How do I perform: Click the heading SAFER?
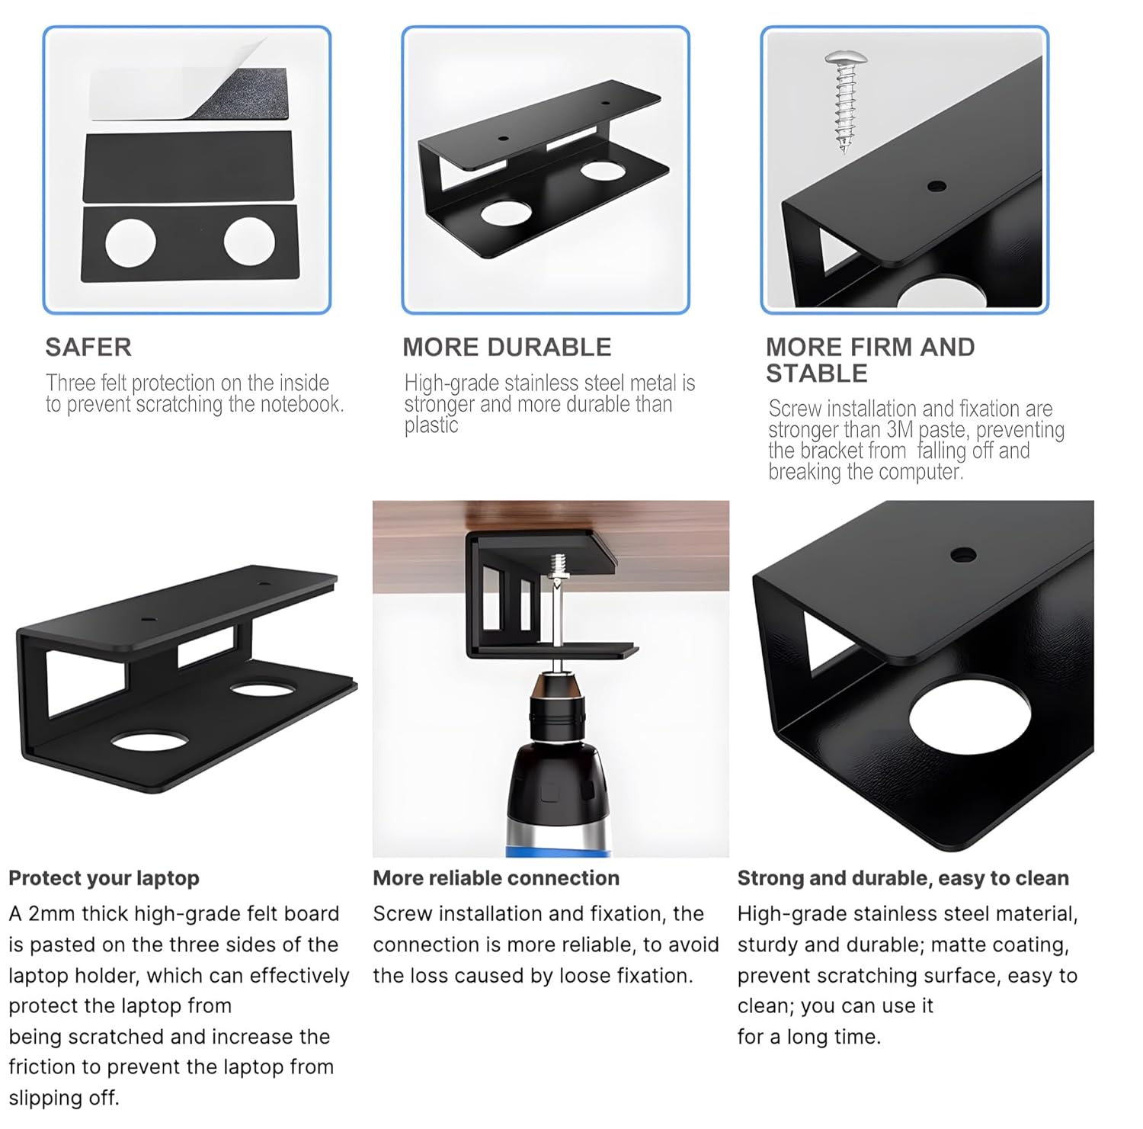(x=88, y=348)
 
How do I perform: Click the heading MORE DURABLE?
(x=507, y=348)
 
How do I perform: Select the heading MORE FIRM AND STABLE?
(x=869, y=360)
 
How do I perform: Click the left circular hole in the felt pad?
(x=130, y=242)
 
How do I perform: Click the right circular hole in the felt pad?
(x=249, y=242)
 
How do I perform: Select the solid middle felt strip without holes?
(x=187, y=165)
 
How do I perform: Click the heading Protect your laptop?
(x=104, y=878)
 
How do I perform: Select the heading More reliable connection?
(x=496, y=878)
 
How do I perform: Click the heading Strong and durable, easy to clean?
(x=903, y=878)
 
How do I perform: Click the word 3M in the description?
(x=900, y=431)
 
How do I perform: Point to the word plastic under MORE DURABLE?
(x=431, y=425)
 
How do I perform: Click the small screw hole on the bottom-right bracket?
(x=963, y=554)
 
